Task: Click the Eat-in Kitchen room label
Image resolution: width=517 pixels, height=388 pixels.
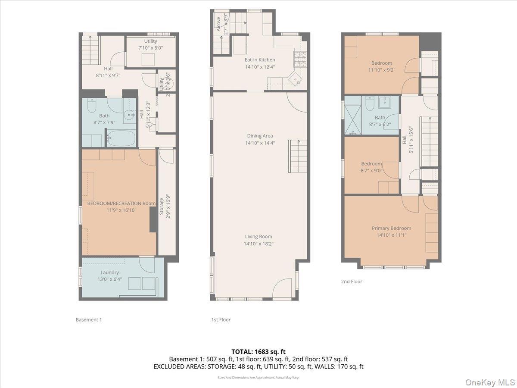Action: pyautogui.click(x=259, y=60)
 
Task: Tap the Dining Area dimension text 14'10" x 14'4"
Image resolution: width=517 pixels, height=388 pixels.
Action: pyautogui.click(x=259, y=143)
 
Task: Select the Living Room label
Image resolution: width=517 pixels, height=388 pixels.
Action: pyautogui.click(x=258, y=236)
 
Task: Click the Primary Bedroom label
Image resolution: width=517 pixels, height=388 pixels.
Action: pyautogui.click(x=391, y=228)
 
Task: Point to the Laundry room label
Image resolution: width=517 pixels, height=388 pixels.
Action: pyautogui.click(x=109, y=272)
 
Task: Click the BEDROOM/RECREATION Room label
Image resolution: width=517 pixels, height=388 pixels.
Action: pyautogui.click(x=121, y=203)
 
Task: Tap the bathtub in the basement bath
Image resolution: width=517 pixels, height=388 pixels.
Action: pyautogui.click(x=121, y=139)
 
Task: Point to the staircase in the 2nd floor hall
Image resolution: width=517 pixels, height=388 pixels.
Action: pyautogui.click(x=429, y=141)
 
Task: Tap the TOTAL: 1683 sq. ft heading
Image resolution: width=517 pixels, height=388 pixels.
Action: pyautogui.click(x=258, y=352)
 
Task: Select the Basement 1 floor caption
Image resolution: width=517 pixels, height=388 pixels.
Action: pyautogui.click(x=88, y=319)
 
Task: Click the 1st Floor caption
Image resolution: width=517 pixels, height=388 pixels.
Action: pyautogui.click(x=221, y=319)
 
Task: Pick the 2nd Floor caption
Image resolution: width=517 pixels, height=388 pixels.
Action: pyautogui.click(x=352, y=282)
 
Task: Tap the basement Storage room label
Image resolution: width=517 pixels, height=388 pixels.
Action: pyautogui.click(x=162, y=207)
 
